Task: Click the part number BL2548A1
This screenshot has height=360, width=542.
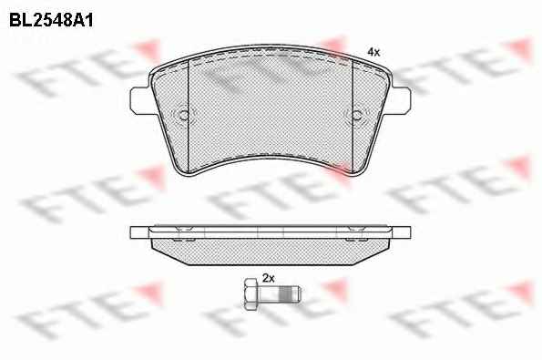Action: [x=51, y=21]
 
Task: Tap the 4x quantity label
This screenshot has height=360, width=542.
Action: [x=373, y=52]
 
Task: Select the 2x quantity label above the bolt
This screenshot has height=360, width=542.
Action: [x=268, y=278]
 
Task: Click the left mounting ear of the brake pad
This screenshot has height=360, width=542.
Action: [x=141, y=100]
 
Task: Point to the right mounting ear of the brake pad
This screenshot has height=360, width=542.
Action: [x=401, y=100]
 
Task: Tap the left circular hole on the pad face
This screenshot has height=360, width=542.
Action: [x=183, y=115]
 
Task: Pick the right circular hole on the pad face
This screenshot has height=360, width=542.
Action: [x=357, y=115]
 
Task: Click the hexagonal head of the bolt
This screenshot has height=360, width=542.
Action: [x=251, y=294]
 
